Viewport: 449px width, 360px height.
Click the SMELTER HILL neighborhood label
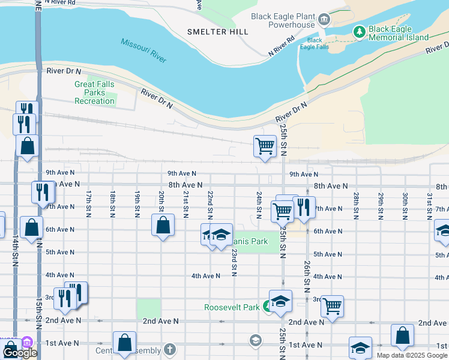[217, 32]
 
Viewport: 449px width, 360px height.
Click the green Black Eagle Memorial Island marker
[359, 31]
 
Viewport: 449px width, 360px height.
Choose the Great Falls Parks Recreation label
[94, 93]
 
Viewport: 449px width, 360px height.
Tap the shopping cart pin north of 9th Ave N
[265, 146]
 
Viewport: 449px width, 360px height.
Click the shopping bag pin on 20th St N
[163, 226]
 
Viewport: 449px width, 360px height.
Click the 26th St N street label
[307, 273]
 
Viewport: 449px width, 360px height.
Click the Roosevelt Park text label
[232, 307]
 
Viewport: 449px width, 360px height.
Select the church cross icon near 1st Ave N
[170, 349]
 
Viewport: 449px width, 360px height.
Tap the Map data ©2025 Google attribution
[412, 355]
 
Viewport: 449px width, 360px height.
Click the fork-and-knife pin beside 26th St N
[304, 208]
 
